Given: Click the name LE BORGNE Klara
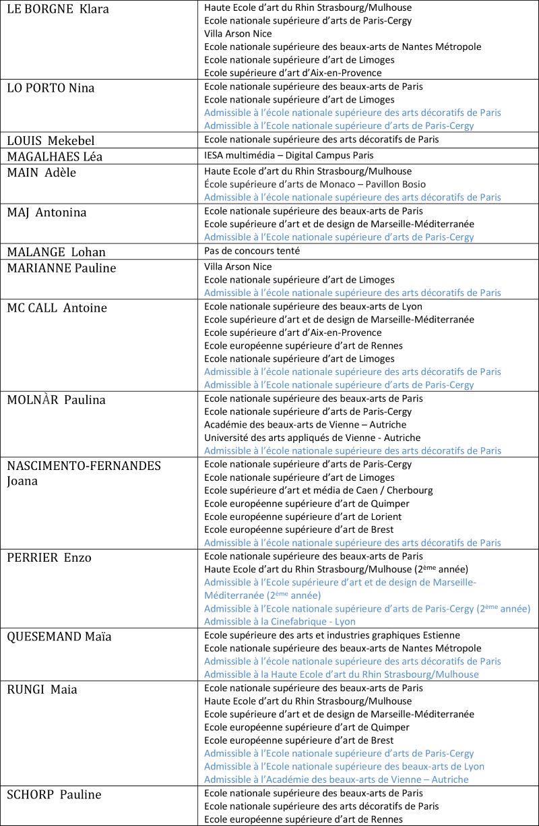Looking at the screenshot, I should pyautogui.click(x=58, y=9).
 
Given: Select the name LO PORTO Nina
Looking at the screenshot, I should pyautogui.click(x=51, y=88).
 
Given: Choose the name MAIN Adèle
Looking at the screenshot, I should pyautogui.click(x=42, y=173).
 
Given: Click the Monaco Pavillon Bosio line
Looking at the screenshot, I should pyautogui.click(x=315, y=184).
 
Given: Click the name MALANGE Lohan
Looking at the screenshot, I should pyautogui.click(x=56, y=252).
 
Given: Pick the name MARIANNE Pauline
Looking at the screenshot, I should pyautogui.click(x=61, y=268).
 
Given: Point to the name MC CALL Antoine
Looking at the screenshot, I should pyautogui.click(x=57, y=308).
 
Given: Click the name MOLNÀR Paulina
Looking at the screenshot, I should pyautogui.click(x=57, y=400).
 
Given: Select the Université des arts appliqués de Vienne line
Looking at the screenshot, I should pyautogui.click(x=303, y=438).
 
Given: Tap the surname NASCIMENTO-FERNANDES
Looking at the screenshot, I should pyautogui.click(x=84, y=466).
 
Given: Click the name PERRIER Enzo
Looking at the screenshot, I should pyautogui.click(x=49, y=558).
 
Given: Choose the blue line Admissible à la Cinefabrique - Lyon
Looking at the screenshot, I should pyautogui.click(x=280, y=622).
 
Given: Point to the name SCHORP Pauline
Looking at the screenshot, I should pyautogui.click(x=54, y=795).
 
